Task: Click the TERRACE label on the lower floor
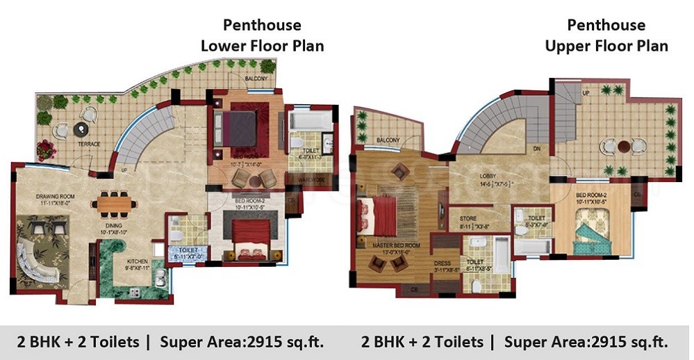(89, 145)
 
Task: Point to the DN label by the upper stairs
(536, 149)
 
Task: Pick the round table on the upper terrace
(624, 147)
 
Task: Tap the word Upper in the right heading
(570, 47)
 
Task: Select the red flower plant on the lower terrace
(47, 148)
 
